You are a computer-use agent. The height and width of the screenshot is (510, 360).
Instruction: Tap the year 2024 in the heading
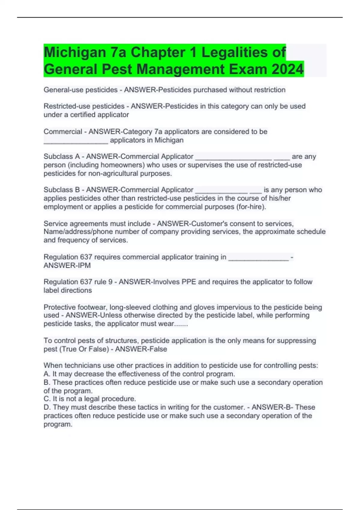pyautogui.click(x=287, y=69)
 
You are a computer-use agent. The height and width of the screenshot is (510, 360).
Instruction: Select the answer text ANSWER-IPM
pyautogui.click(x=67, y=265)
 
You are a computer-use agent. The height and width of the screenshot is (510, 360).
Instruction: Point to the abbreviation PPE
pyautogui.click(x=188, y=282)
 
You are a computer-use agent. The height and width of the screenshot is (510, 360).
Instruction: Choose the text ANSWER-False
pyautogui.click(x=141, y=349)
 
